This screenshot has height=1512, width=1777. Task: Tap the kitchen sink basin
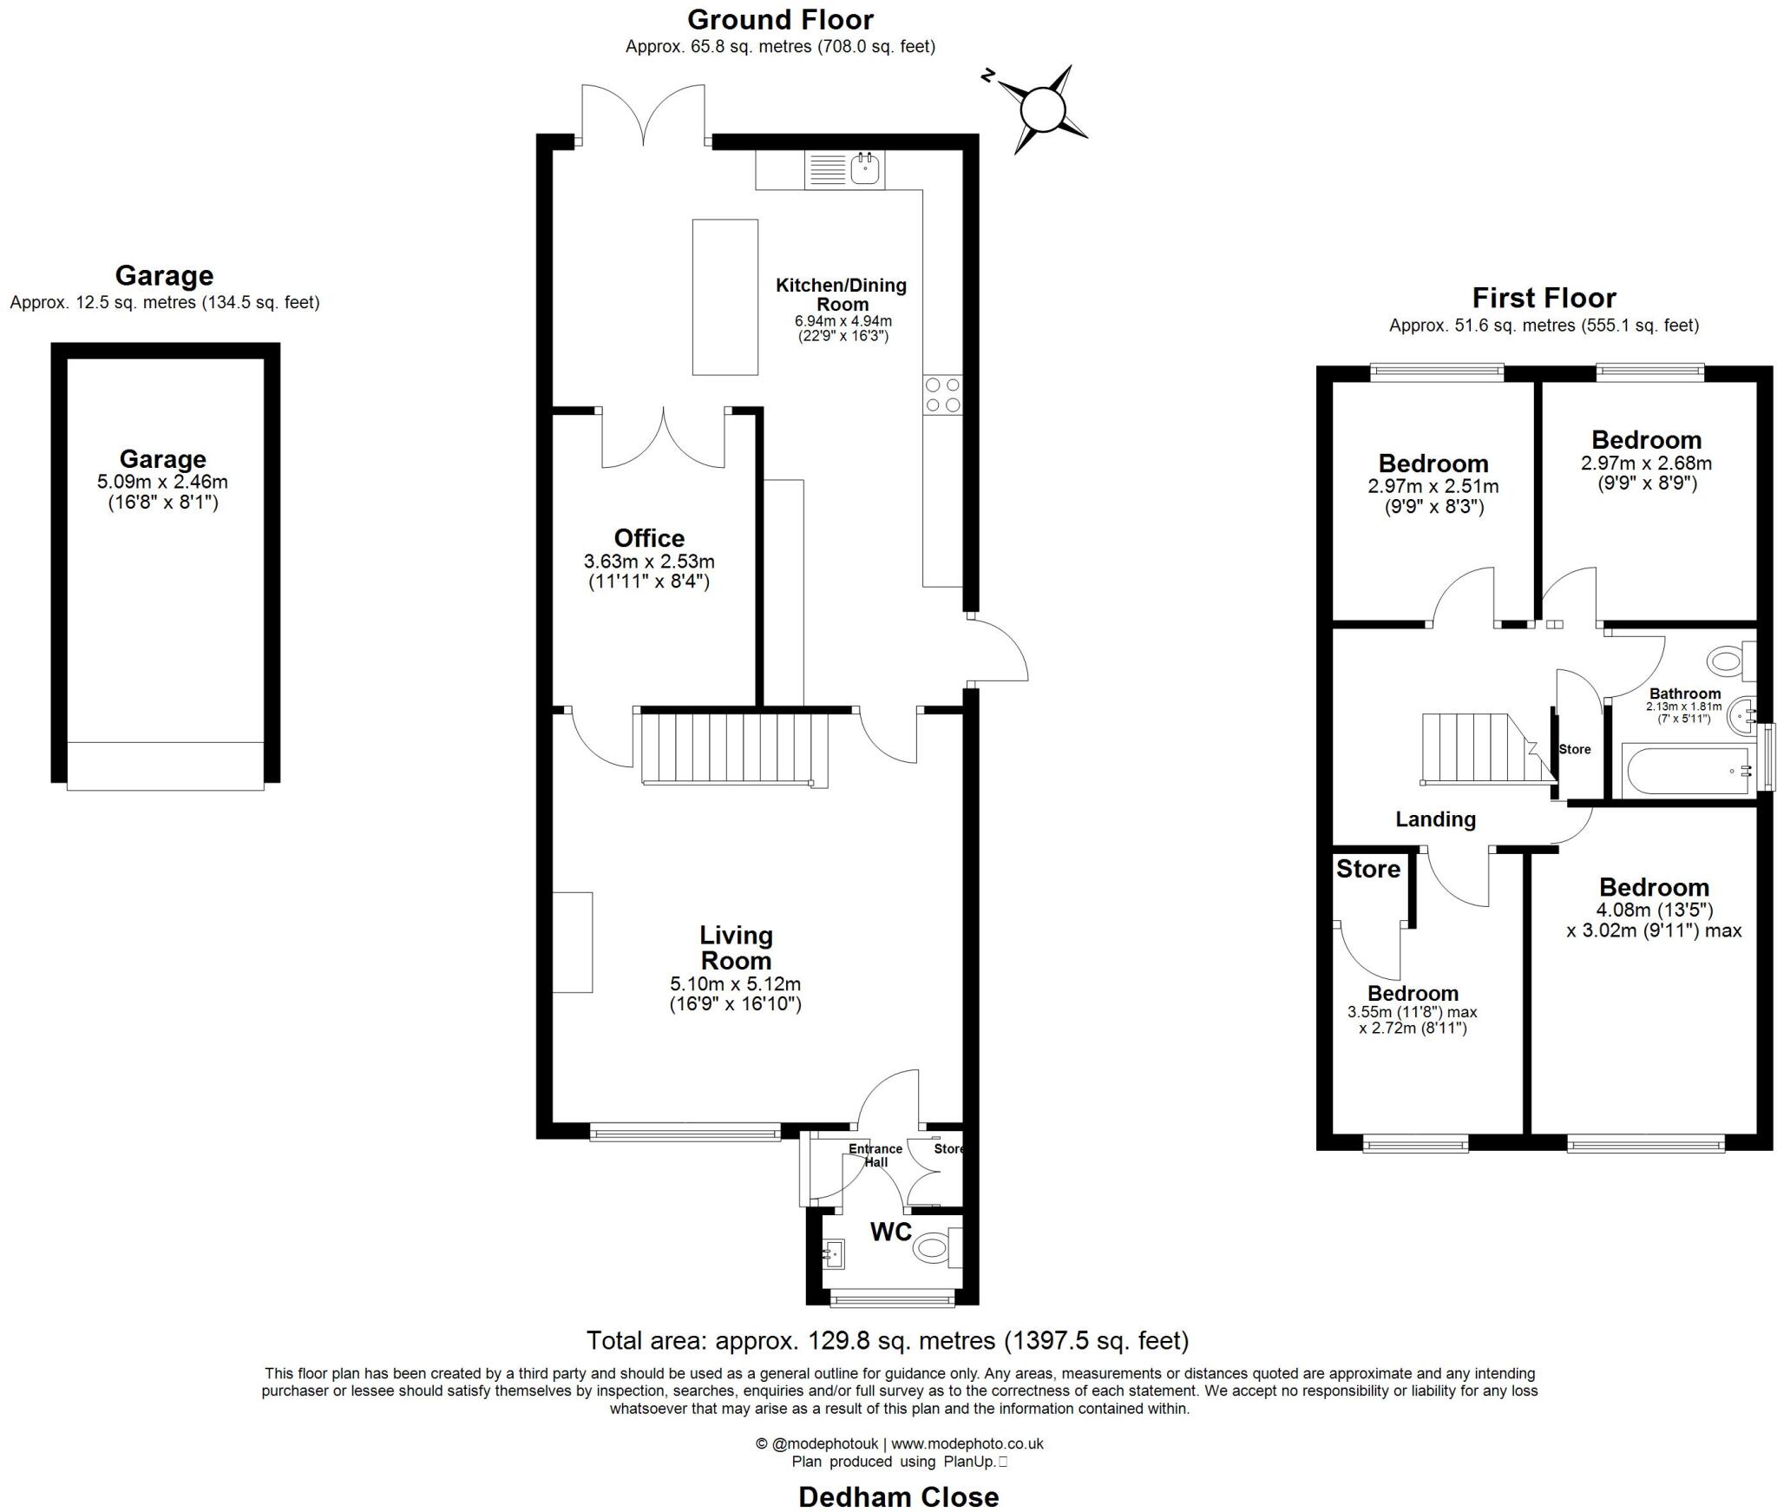tap(864, 169)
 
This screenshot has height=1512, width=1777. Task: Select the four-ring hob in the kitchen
tap(942, 394)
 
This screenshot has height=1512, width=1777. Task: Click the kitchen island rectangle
tap(725, 297)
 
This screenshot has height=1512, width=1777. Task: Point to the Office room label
tap(649, 538)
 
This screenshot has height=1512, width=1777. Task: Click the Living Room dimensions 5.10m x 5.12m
tap(735, 984)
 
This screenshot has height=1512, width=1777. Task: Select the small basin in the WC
tap(834, 1253)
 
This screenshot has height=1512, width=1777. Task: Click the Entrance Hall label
tap(875, 1154)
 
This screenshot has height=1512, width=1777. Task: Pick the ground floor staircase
tap(734, 747)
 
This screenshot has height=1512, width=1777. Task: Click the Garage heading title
tap(164, 276)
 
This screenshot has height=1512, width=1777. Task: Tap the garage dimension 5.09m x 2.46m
tap(163, 482)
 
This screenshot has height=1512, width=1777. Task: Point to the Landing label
tap(1435, 819)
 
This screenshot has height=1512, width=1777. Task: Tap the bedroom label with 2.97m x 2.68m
tap(1646, 440)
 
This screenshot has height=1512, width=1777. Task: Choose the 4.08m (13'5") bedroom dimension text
tap(1654, 910)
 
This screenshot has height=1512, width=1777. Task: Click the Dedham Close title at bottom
tap(898, 1497)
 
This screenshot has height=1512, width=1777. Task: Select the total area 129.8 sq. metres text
tap(887, 1341)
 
